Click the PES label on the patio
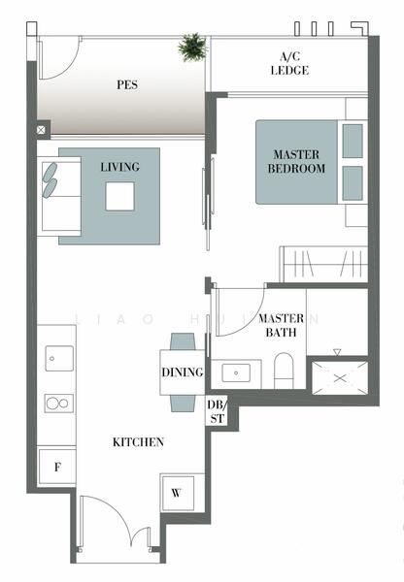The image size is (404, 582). click(x=125, y=84)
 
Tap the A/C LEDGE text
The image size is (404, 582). click(x=289, y=63)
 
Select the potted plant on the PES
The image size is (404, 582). click(x=192, y=46)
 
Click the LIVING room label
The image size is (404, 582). click(x=119, y=167)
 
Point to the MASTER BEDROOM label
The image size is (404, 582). click(x=297, y=161)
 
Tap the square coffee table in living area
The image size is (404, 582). click(x=120, y=196)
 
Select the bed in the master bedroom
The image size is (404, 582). click(x=309, y=161)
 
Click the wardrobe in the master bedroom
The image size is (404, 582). click(x=323, y=264)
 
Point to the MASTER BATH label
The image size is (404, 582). click(x=282, y=325)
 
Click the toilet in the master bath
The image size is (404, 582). click(x=285, y=370)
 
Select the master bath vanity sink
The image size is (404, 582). click(x=236, y=372)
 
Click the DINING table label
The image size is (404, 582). click(x=183, y=372)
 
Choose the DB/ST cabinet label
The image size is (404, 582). click(x=216, y=411)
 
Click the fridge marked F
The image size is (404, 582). click(x=56, y=468)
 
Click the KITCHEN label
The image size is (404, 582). click(x=139, y=442)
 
